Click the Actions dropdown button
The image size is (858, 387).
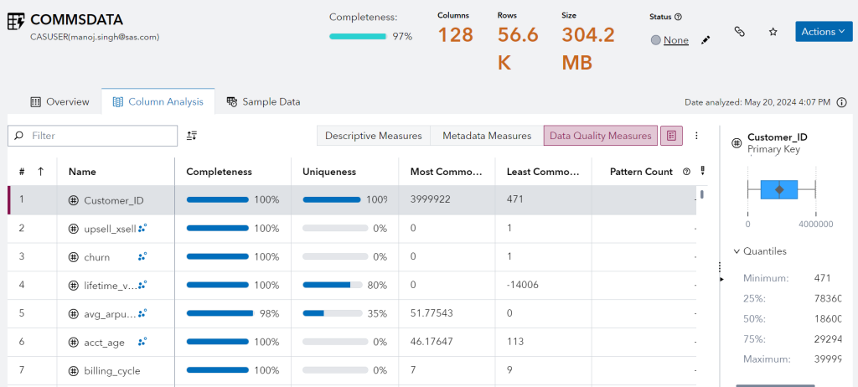coord(823,32)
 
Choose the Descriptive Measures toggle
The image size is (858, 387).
coord(373,136)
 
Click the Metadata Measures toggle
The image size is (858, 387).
coord(487,136)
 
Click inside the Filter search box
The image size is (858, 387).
coord(101,136)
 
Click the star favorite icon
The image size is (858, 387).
coord(773,32)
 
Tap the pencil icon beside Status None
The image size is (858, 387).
coord(706,39)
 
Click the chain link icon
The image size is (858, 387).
coord(739,32)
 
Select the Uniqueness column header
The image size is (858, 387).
coord(329,172)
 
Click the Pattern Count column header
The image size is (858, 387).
coord(641,172)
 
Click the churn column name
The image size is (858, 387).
coord(97,256)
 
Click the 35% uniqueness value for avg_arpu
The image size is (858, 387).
coord(376,313)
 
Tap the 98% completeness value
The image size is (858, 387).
coord(266,313)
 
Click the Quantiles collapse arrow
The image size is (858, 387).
coord(737,250)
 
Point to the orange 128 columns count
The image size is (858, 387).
coord(456,35)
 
